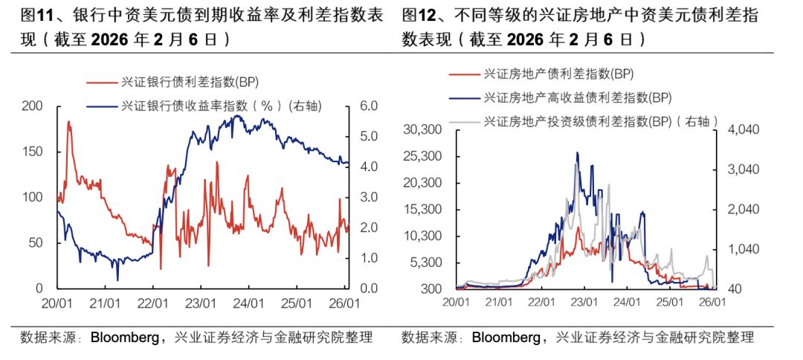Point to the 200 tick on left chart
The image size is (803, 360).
coord(33,106)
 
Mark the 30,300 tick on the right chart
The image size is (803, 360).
coord(422,129)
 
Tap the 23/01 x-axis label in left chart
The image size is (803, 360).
coord(200,303)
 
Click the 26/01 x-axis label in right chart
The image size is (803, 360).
coord(712,302)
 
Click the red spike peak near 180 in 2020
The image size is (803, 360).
coord(69,122)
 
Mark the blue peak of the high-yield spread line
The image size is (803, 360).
coord(576,153)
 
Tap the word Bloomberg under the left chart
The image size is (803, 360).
coord(124,338)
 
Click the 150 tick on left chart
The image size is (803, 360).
coord(33,152)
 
